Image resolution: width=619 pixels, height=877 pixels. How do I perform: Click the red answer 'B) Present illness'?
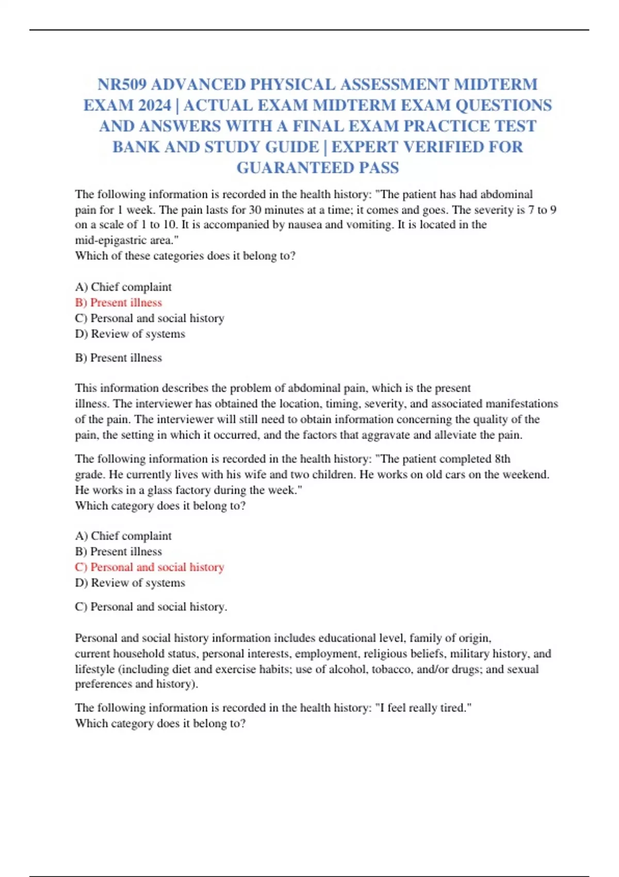[119, 302]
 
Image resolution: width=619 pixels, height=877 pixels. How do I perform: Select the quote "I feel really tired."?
[423, 708]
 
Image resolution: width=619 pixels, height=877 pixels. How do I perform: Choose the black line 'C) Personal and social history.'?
[151, 607]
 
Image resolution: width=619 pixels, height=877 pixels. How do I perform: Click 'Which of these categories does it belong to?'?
[185, 255]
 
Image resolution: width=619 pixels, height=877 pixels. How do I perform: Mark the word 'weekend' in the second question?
[528, 474]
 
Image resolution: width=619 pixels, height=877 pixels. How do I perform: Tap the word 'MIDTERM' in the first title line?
[495, 84]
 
